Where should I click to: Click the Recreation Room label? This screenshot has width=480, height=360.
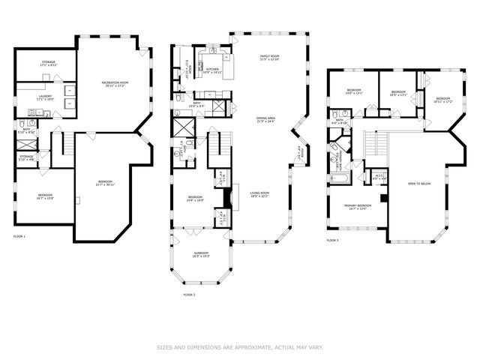point(116,84)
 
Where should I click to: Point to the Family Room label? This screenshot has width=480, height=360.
point(269,58)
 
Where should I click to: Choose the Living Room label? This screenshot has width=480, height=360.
point(259,194)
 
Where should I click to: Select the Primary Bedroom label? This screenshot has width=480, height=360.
point(357,206)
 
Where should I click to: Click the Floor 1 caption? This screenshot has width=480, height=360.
point(19,237)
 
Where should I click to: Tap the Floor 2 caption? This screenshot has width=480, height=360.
point(189,295)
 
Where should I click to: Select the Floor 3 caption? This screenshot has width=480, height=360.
point(333,241)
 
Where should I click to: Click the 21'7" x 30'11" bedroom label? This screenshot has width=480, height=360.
point(104,183)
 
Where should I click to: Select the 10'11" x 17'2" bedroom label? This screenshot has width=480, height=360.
point(443,100)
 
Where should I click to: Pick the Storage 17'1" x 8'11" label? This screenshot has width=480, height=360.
point(48,64)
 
